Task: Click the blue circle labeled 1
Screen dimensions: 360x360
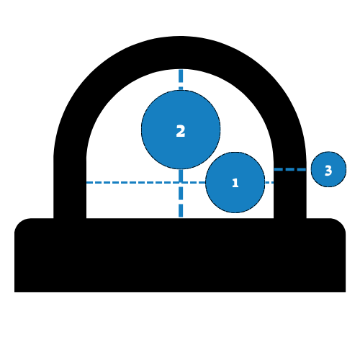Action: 235,182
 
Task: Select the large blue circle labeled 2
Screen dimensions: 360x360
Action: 181,130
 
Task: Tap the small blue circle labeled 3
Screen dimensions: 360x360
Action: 328,169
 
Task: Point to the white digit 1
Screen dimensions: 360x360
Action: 235,183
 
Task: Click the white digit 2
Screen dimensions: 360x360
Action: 181,131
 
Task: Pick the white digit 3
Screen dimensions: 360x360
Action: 328,171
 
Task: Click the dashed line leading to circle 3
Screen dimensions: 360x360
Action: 290,169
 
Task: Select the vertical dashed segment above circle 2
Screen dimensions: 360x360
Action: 181,80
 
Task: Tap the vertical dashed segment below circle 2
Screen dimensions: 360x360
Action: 181,193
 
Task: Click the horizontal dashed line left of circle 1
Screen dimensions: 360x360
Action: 146,182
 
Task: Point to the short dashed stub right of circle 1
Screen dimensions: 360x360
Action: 269,182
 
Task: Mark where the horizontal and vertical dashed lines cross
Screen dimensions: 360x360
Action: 181,182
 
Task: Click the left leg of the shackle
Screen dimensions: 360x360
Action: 70,187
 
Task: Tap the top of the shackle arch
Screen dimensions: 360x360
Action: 180,53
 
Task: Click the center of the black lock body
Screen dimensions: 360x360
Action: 180,255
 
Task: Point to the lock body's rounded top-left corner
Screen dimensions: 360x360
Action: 19,224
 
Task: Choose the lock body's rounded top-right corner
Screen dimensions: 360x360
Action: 341,224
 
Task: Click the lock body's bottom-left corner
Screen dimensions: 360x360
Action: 14,292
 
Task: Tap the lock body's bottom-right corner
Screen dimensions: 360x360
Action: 346,292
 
